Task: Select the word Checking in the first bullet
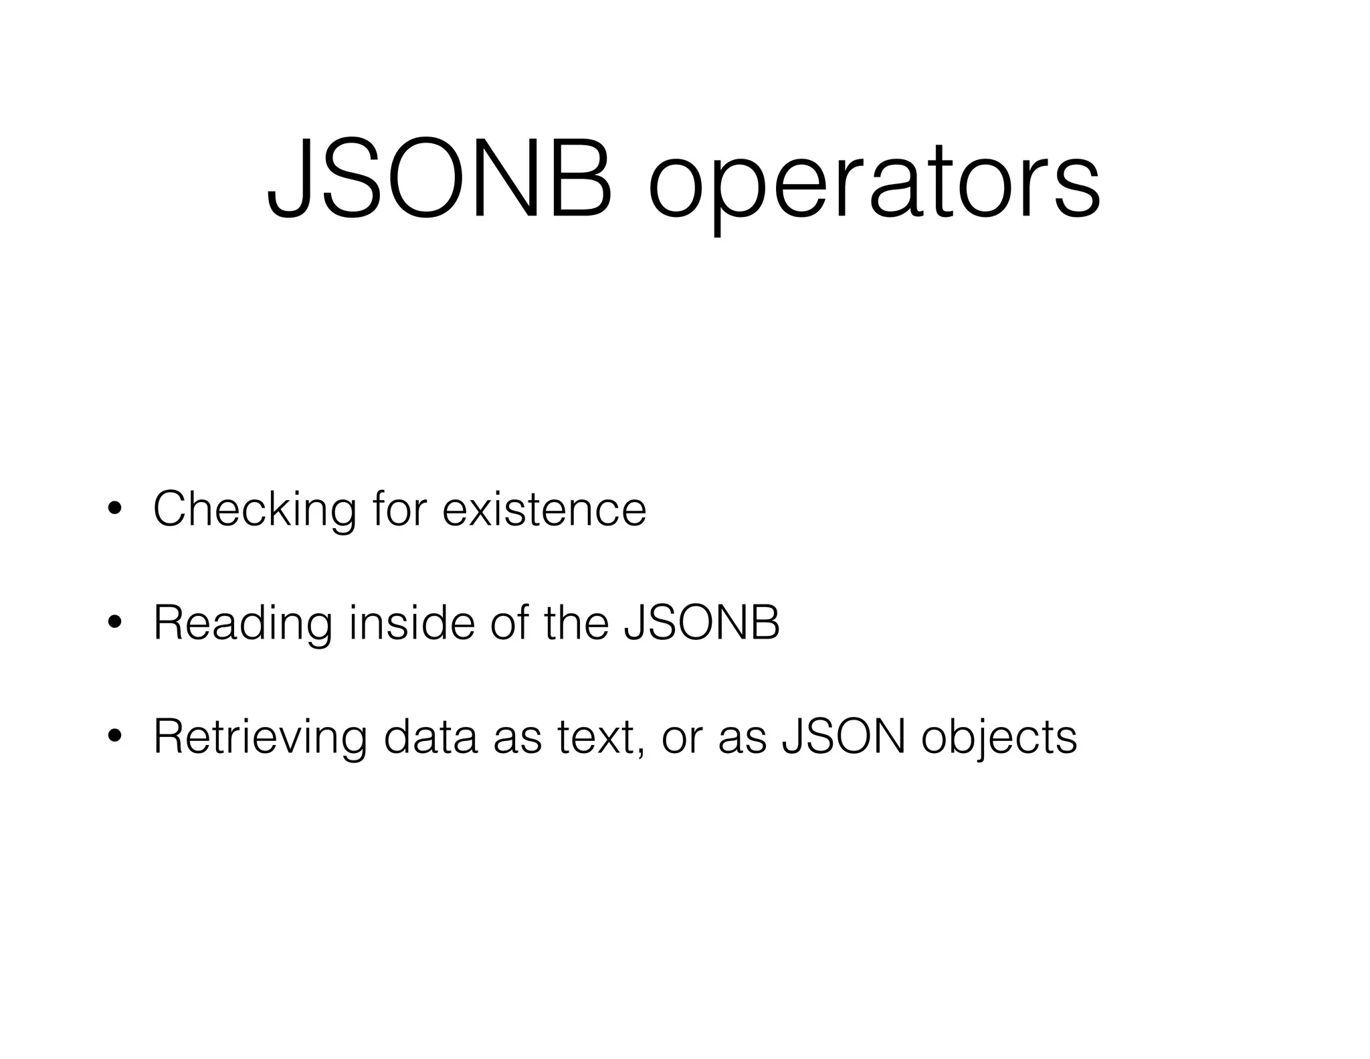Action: pyautogui.click(x=255, y=510)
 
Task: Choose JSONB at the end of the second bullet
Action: pyautogui.click(x=702, y=623)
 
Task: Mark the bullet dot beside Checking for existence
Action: pyautogui.click(x=115, y=509)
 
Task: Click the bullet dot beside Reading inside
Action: pyautogui.click(x=115, y=623)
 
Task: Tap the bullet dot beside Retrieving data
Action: pyautogui.click(x=115, y=737)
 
